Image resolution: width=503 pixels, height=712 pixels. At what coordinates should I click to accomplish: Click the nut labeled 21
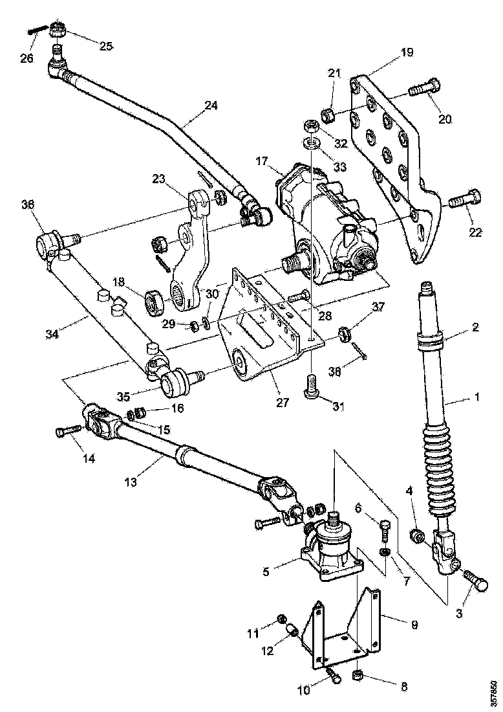328,115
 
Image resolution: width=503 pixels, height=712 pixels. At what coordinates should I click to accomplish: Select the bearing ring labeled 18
155,302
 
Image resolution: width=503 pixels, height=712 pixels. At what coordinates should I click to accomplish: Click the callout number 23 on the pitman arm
160,179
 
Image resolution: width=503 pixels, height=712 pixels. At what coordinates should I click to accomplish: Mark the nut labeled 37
345,334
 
